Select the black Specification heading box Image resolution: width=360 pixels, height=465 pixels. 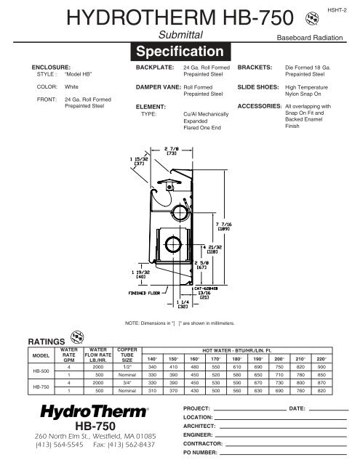click(x=180, y=52)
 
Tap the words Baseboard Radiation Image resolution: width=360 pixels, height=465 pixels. click(x=311, y=35)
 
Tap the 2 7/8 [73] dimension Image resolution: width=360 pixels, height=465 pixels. click(x=172, y=151)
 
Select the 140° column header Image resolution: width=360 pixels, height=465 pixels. click(x=151, y=359)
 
